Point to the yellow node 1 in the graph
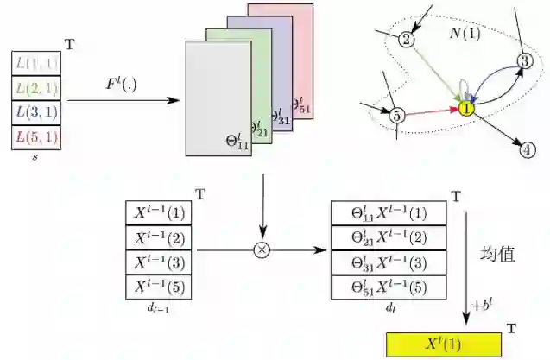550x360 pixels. coord(466,109)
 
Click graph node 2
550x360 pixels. coord(408,39)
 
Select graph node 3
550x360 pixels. coord(524,60)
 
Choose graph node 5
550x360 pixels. coord(397,114)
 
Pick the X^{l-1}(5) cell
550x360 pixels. coord(161,287)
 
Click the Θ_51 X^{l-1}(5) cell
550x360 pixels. coord(389,287)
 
